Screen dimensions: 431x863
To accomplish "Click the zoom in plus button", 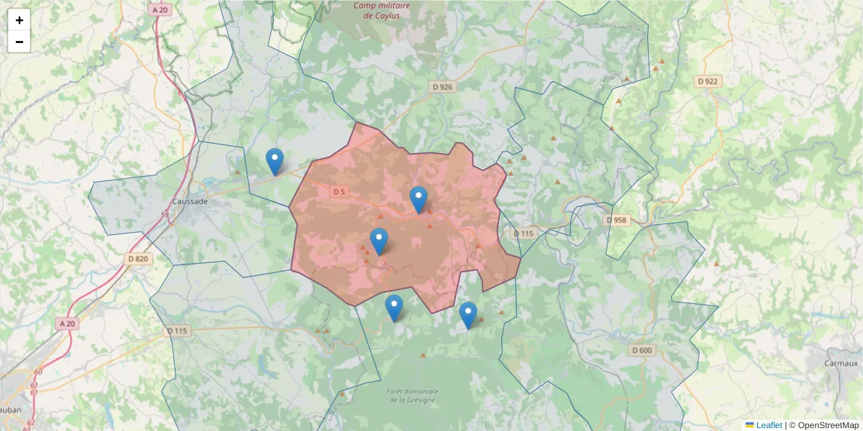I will click(19, 20).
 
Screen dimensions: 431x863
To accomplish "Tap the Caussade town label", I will click(190, 202).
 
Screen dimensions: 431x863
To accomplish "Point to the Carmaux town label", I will click(841, 363).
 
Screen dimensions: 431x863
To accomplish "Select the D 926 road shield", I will click(443, 87).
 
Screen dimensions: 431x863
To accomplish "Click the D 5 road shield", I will click(339, 192).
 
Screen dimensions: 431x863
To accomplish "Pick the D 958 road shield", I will click(617, 220).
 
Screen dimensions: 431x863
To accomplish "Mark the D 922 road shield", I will click(708, 81).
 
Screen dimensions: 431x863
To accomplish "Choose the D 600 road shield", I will click(641, 350).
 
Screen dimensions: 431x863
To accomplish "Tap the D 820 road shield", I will click(138, 259).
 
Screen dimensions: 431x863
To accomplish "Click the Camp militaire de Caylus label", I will click(381, 10).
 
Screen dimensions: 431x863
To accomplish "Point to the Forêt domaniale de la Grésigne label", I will click(412, 396).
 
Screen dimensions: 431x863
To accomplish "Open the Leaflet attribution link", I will click(769, 425).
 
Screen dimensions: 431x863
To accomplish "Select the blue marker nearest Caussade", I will click(274, 162).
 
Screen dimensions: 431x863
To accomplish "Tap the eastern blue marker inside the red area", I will click(419, 200).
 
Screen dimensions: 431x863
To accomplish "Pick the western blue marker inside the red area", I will click(379, 241).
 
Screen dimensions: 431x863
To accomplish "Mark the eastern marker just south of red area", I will click(468, 315).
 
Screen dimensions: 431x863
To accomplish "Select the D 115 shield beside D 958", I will click(524, 233).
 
